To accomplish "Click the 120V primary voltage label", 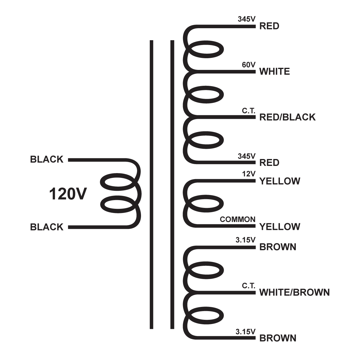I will (68, 194).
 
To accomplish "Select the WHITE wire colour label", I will (274, 72).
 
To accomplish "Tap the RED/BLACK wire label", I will (287, 117).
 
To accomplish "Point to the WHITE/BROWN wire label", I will (294, 292).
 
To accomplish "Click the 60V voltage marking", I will (249, 65).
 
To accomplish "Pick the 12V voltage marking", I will (249, 174).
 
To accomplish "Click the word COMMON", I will (238, 219).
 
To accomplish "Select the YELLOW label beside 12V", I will (280, 181).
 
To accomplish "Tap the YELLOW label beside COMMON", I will (280, 226).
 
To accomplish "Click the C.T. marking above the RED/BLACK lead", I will (249, 110).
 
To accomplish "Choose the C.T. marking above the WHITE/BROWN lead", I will (249, 286).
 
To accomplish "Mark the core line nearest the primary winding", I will (151, 184).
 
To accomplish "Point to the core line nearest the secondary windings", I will (172, 184).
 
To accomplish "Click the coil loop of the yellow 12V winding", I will (206, 204).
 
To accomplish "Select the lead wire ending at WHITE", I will (228, 72).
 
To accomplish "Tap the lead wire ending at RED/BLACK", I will (228, 117).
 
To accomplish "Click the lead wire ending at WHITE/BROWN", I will (228, 292).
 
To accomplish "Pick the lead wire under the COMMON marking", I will (228, 227).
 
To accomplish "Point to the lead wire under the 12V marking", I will (228, 181).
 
